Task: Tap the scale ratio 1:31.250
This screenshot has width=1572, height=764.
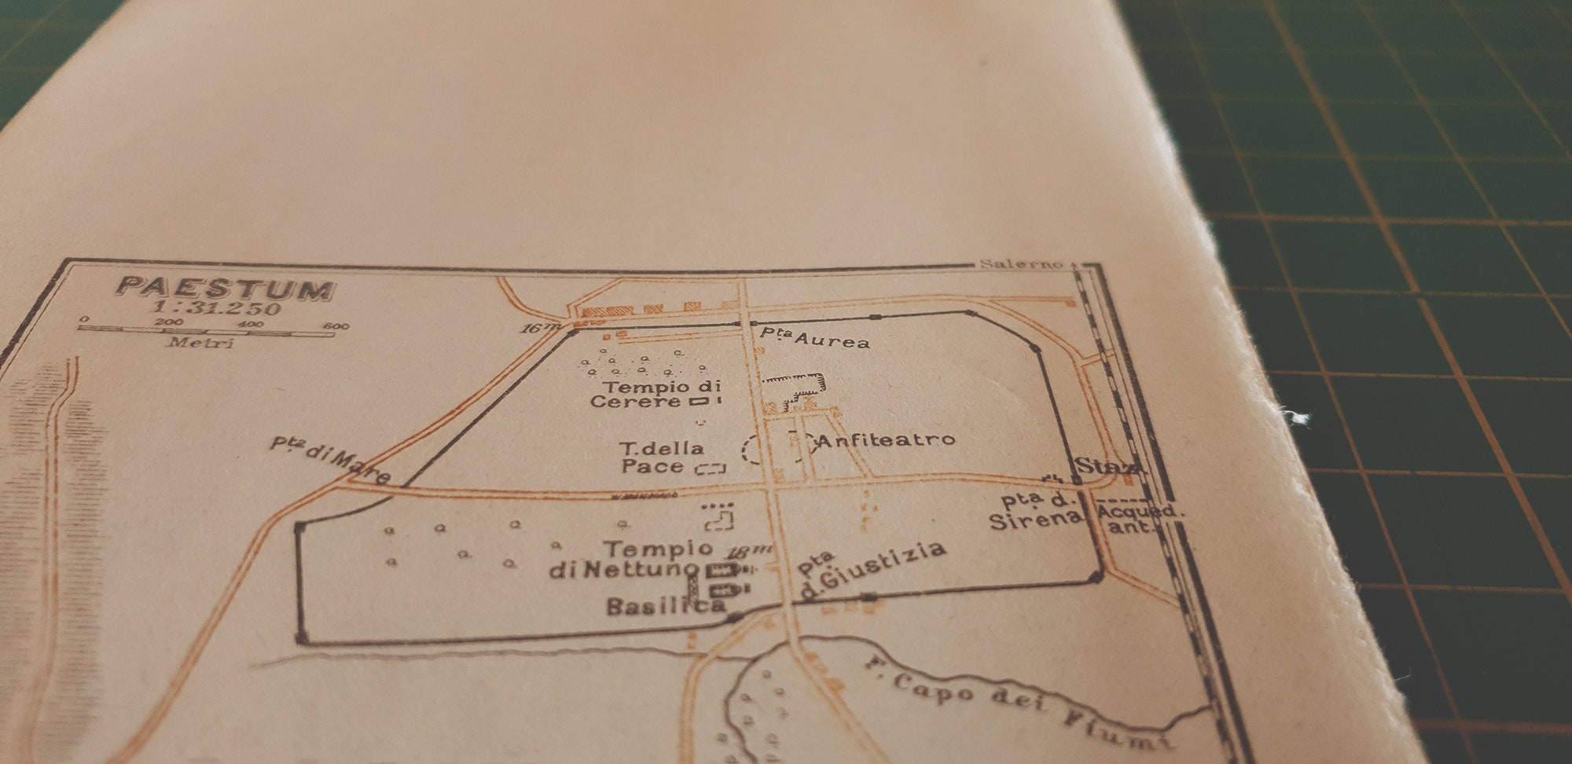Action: coord(217,307)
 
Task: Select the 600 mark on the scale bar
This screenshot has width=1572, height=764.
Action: coord(336,326)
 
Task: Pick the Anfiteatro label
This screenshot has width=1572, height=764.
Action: coord(886,440)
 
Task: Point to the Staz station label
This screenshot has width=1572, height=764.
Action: coord(1104,466)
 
